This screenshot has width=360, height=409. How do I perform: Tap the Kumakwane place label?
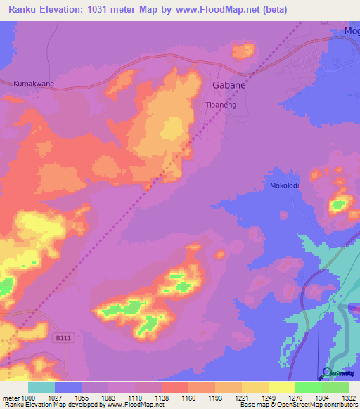pos(33,84)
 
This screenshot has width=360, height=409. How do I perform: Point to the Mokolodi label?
pos(285,186)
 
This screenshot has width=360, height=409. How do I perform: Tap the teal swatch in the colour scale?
pos(41,387)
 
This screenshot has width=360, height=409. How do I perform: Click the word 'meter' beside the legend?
pos(9,397)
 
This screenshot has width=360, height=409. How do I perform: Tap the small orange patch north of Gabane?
pos(243,50)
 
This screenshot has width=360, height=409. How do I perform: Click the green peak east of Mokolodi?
pos(339,205)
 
